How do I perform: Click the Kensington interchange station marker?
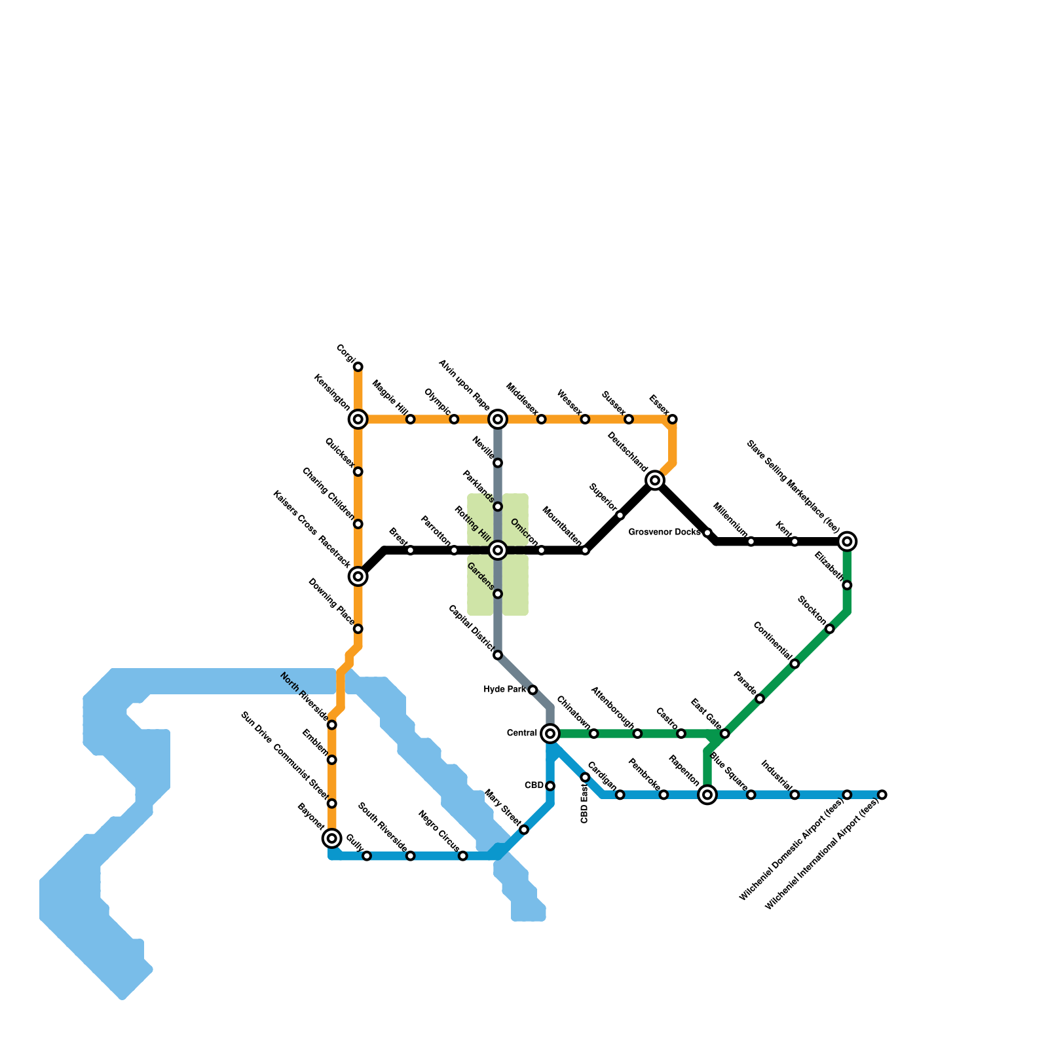tap(358, 419)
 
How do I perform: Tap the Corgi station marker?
tap(358, 367)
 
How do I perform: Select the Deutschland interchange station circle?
tap(655, 480)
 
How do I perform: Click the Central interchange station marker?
tap(550, 733)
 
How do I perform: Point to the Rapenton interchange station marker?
tap(707, 795)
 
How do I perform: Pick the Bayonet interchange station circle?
tap(332, 838)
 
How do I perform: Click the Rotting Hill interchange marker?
tap(498, 550)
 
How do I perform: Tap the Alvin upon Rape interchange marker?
tap(498, 419)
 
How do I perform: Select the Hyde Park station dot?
tap(533, 690)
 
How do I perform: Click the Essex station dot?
tap(672, 419)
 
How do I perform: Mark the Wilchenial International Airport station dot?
tap(882, 795)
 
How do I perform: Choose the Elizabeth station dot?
tap(847, 585)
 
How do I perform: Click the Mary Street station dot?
tap(524, 830)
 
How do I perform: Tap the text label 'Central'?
tap(522, 733)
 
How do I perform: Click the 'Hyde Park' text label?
tap(504, 690)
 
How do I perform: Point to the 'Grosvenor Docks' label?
tap(664, 533)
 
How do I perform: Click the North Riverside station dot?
tap(332, 724)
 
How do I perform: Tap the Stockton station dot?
tap(829, 629)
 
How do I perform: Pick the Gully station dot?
tap(367, 856)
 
